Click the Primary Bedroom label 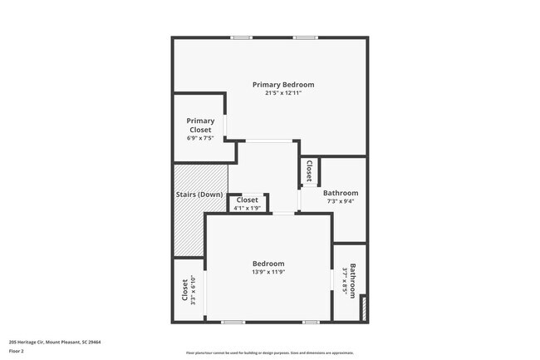click(x=283, y=85)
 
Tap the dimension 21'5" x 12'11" click(x=283, y=93)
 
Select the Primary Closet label click(x=200, y=126)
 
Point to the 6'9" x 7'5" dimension click(x=200, y=139)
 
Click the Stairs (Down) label click(x=199, y=195)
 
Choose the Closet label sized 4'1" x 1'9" click(x=247, y=200)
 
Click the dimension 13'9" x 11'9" click(x=268, y=272)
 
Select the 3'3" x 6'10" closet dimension click(x=193, y=292)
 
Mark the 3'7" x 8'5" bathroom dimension click(x=346, y=282)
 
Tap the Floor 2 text click(x=17, y=351)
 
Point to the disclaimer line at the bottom click(x=270, y=353)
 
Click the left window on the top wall click(x=241, y=37)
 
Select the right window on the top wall click(x=305, y=37)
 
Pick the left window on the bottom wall click(x=233, y=322)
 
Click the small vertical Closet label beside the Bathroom click(x=309, y=170)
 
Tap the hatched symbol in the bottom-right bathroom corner click(x=362, y=308)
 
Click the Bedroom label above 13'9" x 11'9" click(x=268, y=264)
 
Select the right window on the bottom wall click(x=310, y=322)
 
